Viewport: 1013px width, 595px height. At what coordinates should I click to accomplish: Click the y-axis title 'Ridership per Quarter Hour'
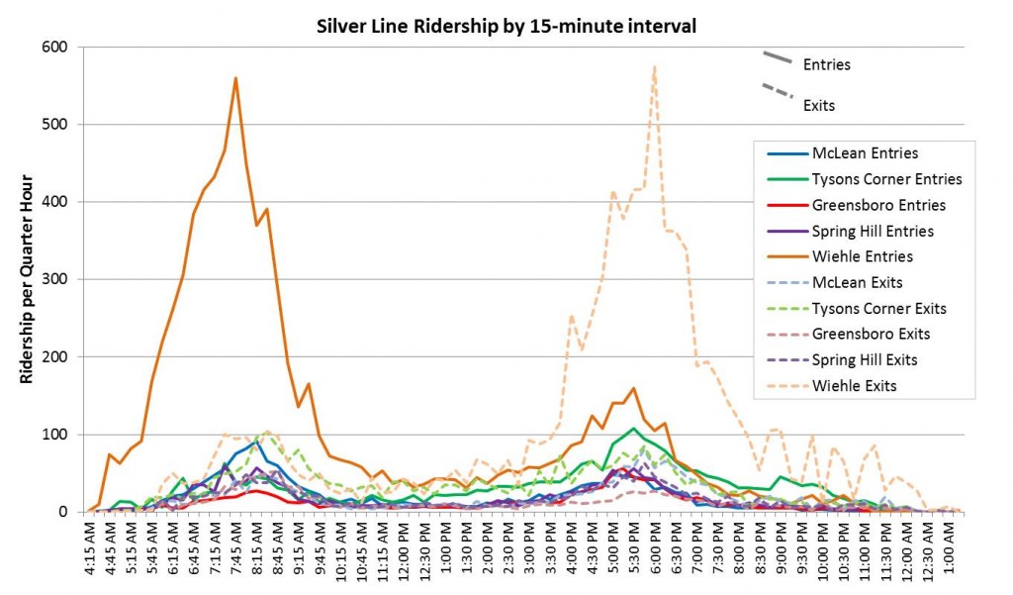pos(27,280)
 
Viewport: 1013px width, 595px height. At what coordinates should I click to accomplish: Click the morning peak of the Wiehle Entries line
pos(235,77)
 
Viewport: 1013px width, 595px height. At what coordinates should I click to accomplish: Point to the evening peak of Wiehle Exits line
pos(655,67)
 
